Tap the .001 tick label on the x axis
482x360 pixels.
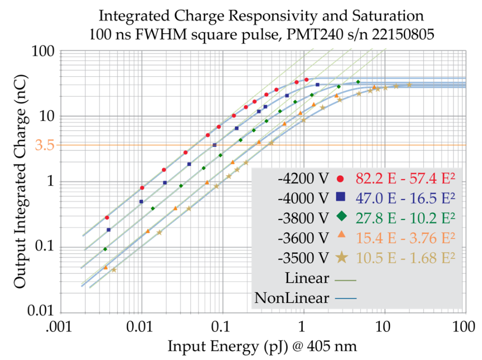61,328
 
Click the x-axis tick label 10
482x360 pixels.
384,328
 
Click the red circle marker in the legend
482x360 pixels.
341,179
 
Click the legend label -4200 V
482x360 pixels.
303,179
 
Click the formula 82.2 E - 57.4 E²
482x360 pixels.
404,179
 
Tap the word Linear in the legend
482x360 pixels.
307,279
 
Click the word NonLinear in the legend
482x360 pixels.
291,298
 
